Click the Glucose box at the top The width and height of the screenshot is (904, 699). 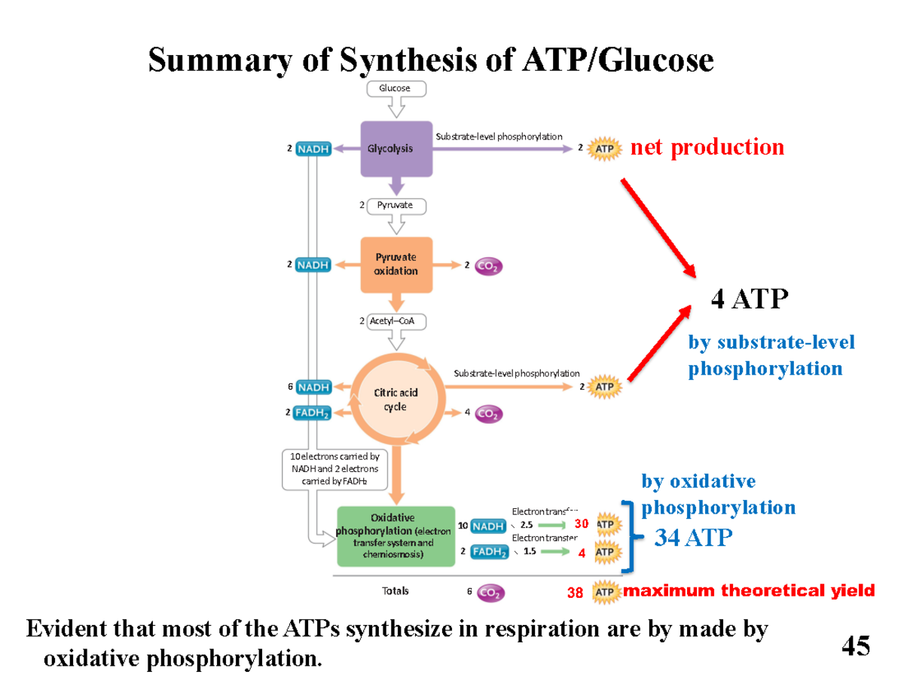(396, 88)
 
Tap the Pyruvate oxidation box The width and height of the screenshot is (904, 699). (396, 265)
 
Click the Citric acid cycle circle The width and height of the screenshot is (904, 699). (395, 400)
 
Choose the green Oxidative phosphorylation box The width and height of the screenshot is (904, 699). (395, 536)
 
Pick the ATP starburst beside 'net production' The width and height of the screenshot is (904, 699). (604, 149)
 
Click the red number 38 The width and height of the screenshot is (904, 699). (576, 593)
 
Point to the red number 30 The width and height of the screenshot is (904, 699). (580, 523)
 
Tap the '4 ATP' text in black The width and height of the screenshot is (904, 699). (749, 300)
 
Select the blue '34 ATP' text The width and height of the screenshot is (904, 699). (692, 538)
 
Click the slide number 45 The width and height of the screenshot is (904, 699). (855, 646)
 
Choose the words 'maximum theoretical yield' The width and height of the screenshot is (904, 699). (749, 590)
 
